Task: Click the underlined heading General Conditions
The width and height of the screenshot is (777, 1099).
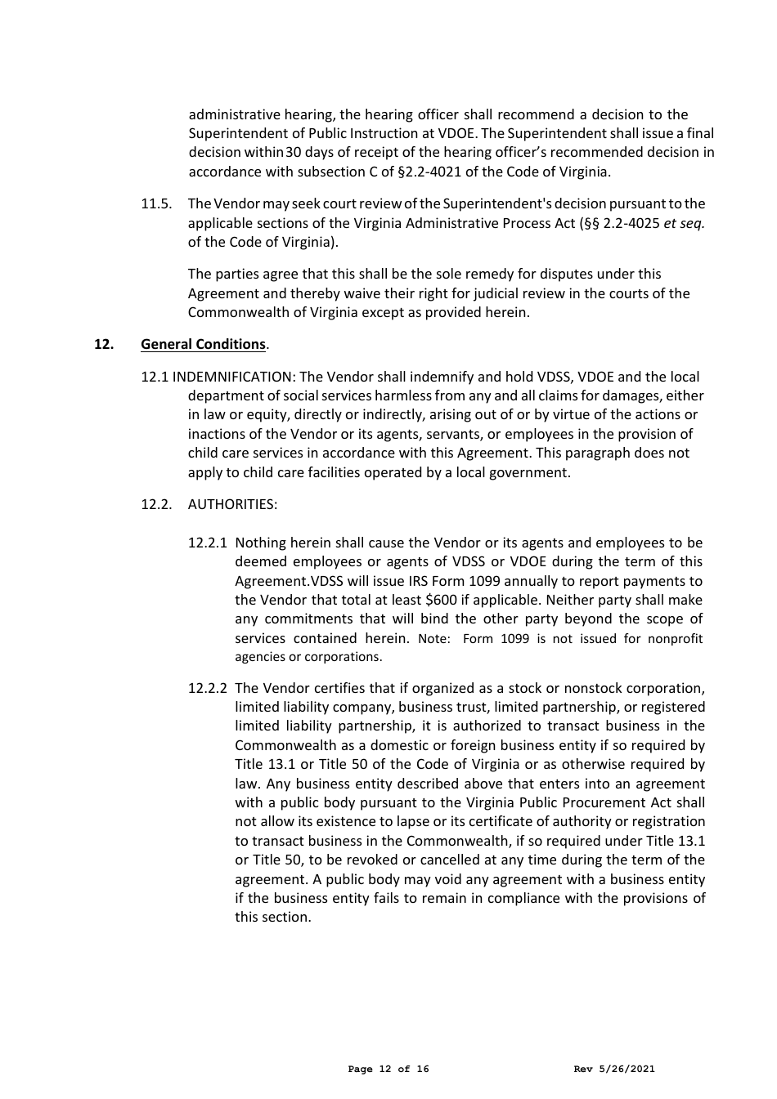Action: pyautogui.click(x=203, y=344)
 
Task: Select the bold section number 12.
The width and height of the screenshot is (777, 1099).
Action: pyautogui.click(x=103, y=344)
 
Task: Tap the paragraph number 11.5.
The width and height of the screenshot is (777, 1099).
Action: pyautogui.click(x=155, y=203)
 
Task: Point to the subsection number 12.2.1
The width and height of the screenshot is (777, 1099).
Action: pyautogui.click(x=208, y=543)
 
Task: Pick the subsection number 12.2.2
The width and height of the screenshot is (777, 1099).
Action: pyautogui.click(x=208, y=688)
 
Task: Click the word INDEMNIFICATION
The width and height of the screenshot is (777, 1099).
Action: pyautogui.click(x=233, y=377)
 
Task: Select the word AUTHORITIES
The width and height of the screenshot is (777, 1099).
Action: pyautogui.click(x=232, y=504)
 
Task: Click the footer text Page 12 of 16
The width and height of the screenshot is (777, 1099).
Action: pyautogui.click(x=388, y=1069)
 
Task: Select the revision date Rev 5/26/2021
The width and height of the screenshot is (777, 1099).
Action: pyautogui.click(x=614, y=1069)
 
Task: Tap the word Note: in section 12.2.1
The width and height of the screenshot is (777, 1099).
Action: pyautogui.click(x=433, y=639)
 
